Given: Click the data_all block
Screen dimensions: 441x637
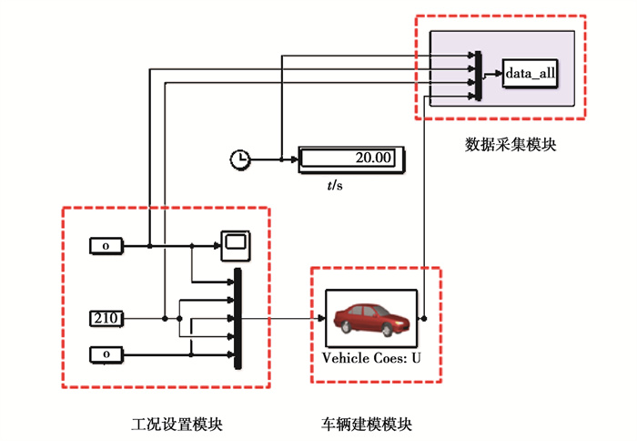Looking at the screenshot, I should click(x=531, y=74).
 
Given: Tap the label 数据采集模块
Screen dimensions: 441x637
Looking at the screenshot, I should click(x=510, y=144).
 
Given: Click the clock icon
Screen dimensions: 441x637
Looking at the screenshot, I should click(x=239, y=159).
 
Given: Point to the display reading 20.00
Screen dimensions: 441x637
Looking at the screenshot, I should click(x=351, y=159).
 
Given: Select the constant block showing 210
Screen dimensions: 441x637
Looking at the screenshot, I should click(x=105, y=318).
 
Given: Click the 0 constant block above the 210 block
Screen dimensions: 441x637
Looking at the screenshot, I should click(x=105, y=245).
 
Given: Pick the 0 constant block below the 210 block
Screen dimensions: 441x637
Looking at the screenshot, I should click(x=105, y=354).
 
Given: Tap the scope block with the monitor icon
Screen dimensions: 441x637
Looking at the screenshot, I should click(x=235, y=243).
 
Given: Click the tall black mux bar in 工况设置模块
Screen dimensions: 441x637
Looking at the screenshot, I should click(x=238, y=318).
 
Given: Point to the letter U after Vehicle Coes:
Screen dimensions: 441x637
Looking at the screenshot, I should click(x=416, y=357).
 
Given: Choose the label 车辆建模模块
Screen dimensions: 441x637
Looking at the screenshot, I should click(x=366, y=425).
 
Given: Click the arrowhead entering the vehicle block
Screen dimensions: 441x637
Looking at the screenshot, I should click(x=320, y=318).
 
